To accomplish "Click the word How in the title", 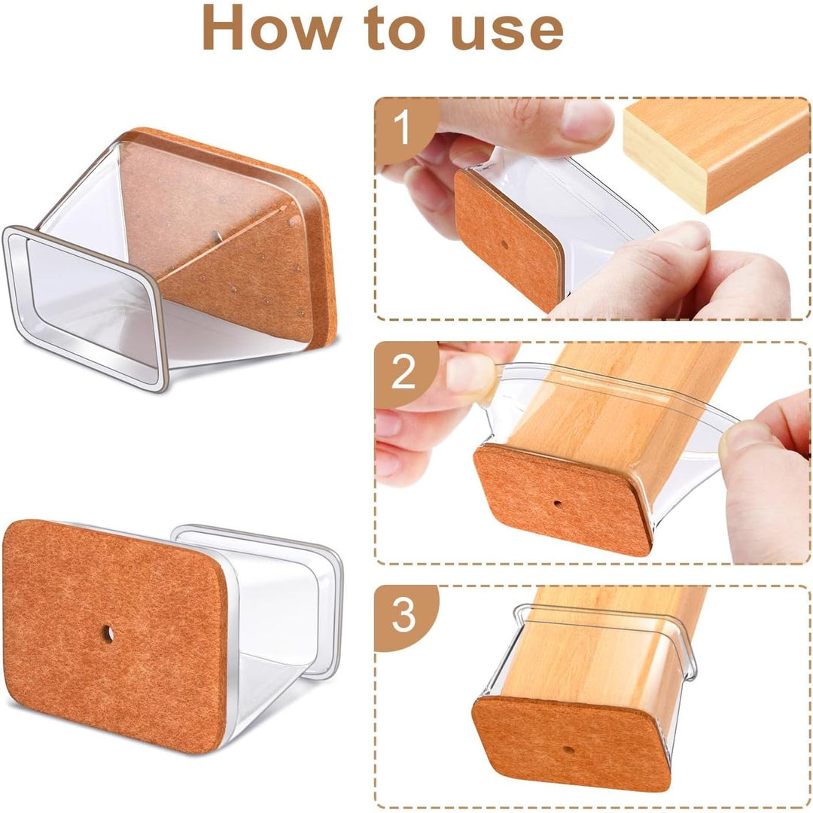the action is pos(273,27).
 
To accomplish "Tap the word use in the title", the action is pos(507,31).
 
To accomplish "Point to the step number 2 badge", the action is pos(403,372).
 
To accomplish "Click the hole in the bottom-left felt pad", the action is pos(108,634).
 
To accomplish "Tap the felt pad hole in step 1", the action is pos(505,244).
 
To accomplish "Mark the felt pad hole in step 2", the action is pos(557,503).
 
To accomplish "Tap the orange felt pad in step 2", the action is pos(562,499).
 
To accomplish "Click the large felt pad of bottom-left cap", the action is pos(114,635).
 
